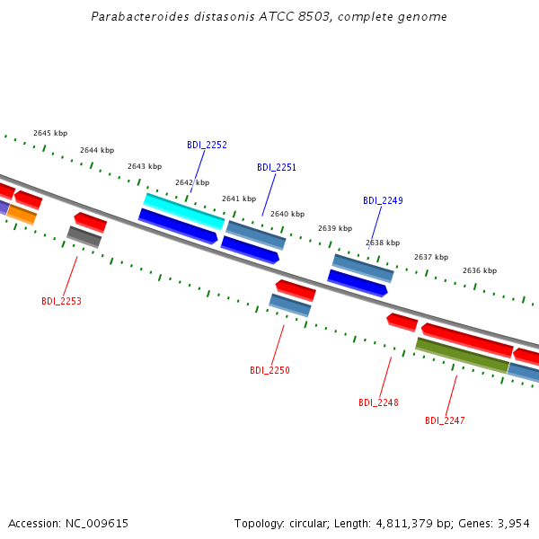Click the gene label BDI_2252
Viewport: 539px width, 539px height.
pyautogui.click(x=207, y=145)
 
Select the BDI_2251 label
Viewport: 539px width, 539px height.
pyautogui.click(x=277, y=167)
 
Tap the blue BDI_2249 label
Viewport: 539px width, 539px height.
pyautogui.click(x=383, y=200)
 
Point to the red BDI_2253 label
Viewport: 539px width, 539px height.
pyautogui.click(x=61, y=301)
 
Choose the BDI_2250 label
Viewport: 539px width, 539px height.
pyautogui.click(x=269, y=370)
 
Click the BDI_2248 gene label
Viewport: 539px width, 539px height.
pyautogui.click(x=378, y=402)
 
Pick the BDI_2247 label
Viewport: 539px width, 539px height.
pyautogui.click(x=445, y=420)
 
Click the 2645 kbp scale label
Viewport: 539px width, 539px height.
pyautogui.click(x=50, y=133)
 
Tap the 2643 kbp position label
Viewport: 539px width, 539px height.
pyautogui.click(x=145, y=166)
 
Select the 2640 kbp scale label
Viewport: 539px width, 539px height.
pyautogui.click(x=287, y=214)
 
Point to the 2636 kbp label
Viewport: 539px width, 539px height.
pyautogui.click(x=480, y=270)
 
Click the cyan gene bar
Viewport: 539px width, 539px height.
pyautogui.click(x=184, y=211)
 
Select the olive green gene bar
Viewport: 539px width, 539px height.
pyautogui.click(x=463, y=355)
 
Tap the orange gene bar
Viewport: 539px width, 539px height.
pyautogui.click(x=22, y=215)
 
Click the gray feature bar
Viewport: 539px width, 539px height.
pyautogui.click(x=84, y=237)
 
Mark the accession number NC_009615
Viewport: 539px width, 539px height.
pyautogui.click(x=97, y=524)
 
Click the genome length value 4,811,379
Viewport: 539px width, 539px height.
pyautogui.click(x=404, y=524)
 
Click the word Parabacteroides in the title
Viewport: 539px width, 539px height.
pyautogui.click(x=140, y=16)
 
